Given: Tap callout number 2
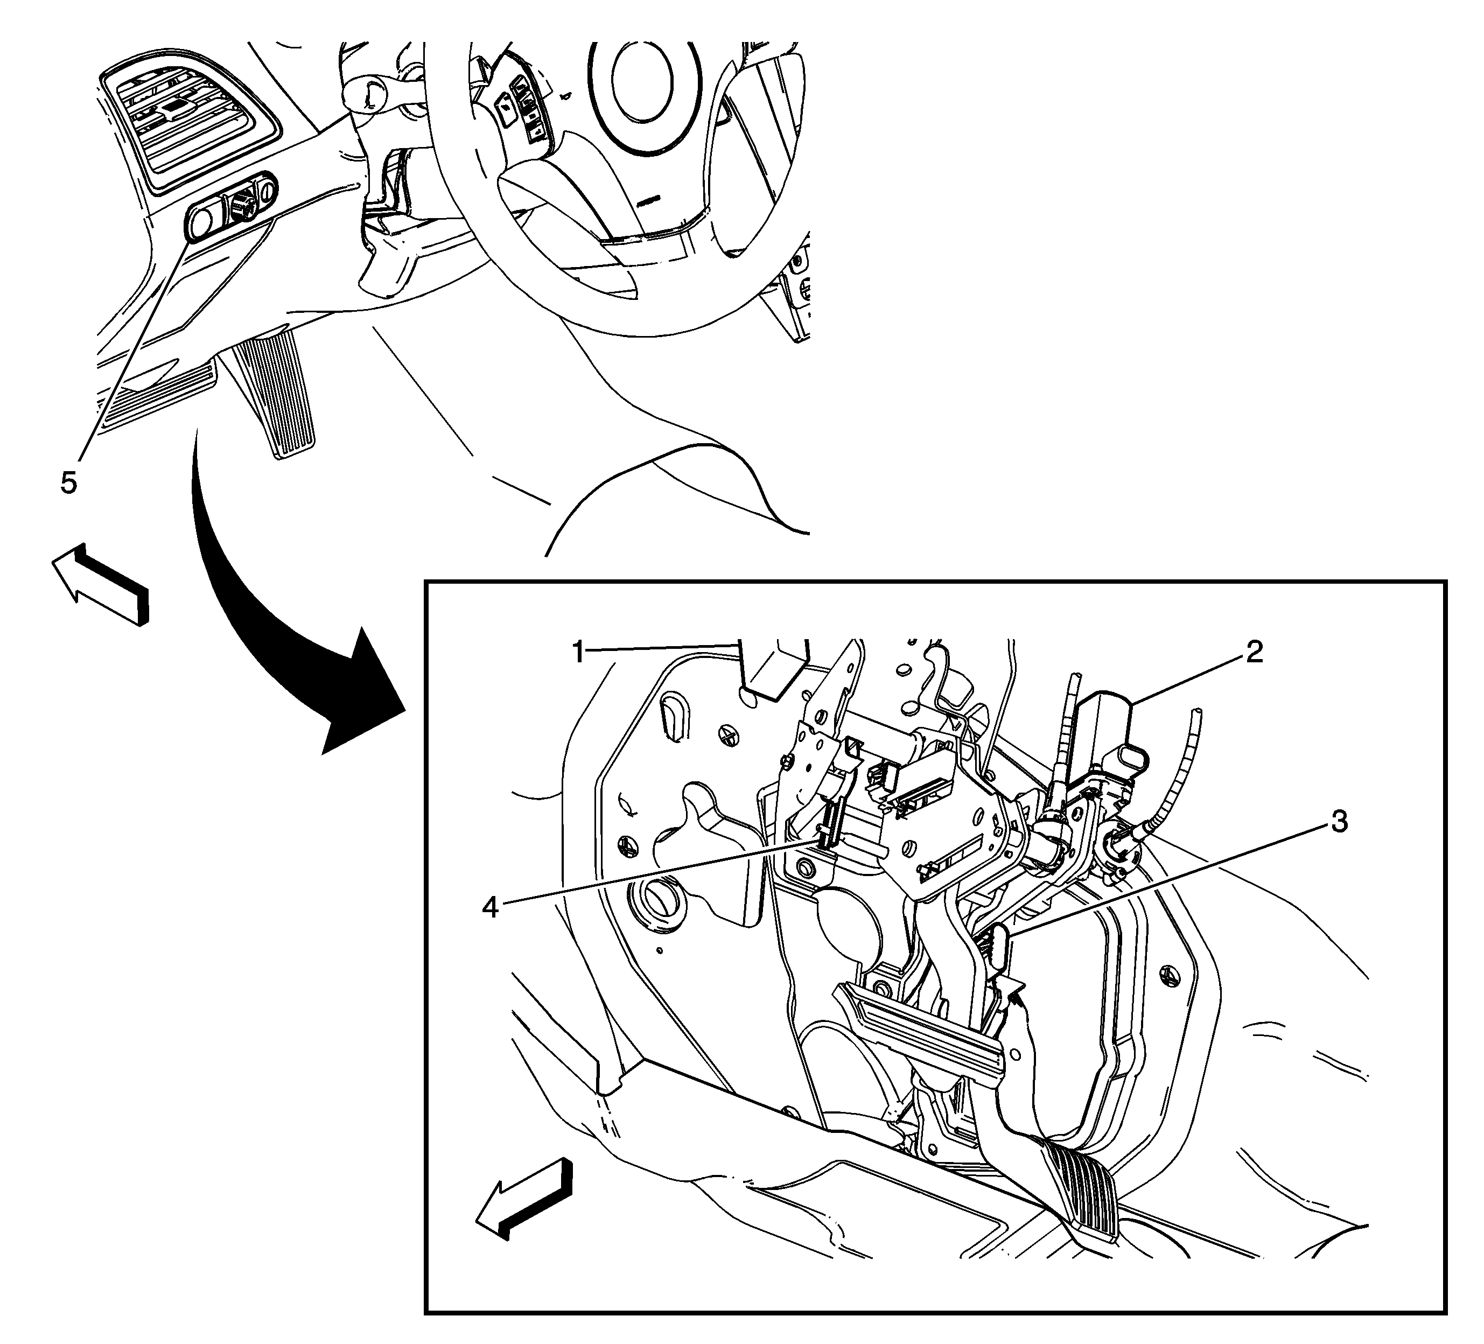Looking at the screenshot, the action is coord(1254,650).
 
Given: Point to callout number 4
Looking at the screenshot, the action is coord(490,907).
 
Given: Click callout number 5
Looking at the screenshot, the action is coord(68,483).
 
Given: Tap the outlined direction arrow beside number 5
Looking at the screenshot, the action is coord(101,585).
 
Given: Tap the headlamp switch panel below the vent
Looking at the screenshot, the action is coord(230,207).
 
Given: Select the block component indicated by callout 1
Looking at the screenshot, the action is coord(773,666).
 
